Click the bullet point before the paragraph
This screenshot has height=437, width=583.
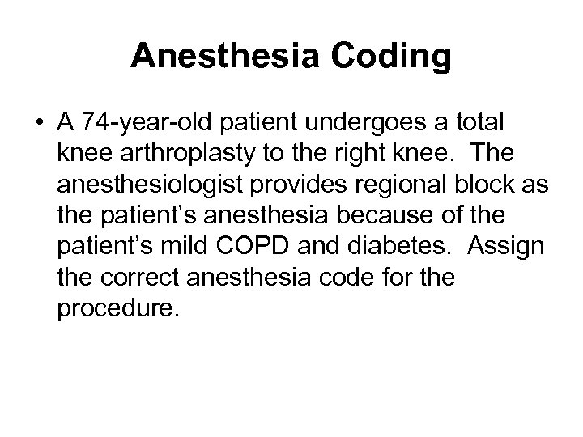(x=38, y=123)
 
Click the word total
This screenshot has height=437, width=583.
(x=478, y=123)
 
